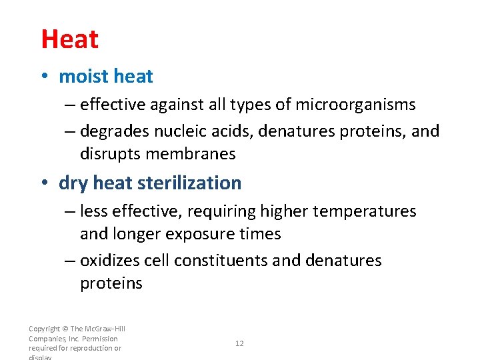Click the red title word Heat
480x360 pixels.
tap(69, 39)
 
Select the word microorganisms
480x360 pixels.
tap(355, 105)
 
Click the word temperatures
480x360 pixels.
tap(364, 211)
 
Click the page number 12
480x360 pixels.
tap(239, 343)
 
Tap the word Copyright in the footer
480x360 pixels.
tap(43, 329)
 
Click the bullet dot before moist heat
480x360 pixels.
tap(44, 77)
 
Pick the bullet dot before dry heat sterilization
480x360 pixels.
tap(44, 183)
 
